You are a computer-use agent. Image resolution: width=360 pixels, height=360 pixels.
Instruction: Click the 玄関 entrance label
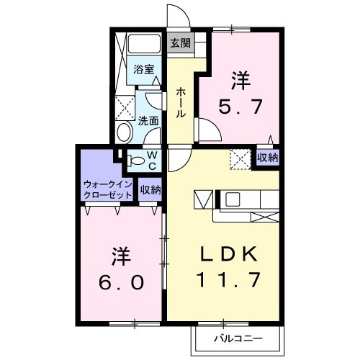[x=180, y=42]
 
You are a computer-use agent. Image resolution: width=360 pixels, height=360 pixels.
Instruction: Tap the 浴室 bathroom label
[x=143, y=70]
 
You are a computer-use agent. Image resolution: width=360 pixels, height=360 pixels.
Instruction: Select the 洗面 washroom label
[x=148, y=121]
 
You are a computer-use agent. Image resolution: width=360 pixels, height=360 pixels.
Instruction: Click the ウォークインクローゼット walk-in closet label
[x=107, y=189]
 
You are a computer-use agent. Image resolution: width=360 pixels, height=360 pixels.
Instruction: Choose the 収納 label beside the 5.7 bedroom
[x=268, y=157]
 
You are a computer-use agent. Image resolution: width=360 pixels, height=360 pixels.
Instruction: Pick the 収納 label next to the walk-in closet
[x=150, y=189]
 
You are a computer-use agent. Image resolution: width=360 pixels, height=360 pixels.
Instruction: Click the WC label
[x=153, y=159]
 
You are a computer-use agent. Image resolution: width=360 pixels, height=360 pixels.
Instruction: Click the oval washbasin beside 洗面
[x=124, y=132]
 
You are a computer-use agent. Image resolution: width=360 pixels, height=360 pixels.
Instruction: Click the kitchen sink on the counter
[x=234, y=199]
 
